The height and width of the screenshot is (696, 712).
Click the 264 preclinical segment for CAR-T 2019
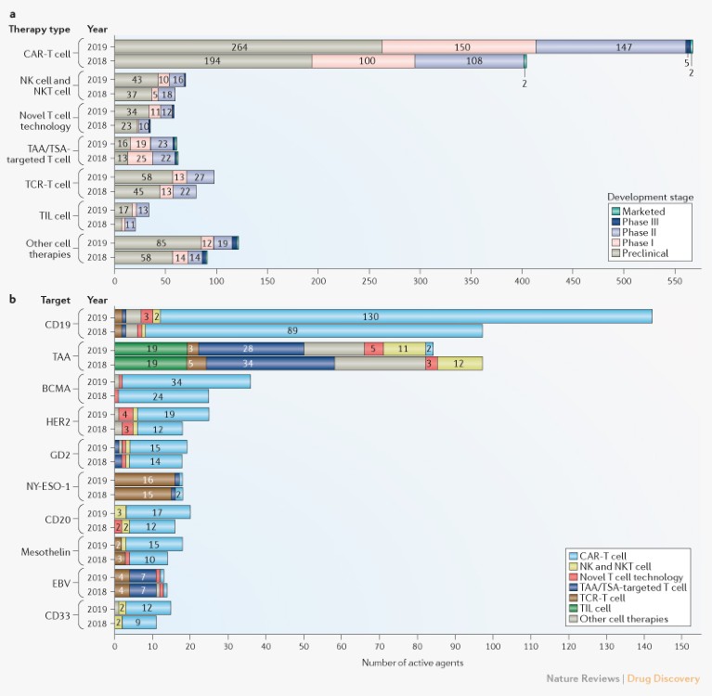(248, 46)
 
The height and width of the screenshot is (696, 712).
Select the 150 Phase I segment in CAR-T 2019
(459, 46)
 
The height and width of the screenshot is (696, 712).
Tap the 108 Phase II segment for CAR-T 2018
(469, 60)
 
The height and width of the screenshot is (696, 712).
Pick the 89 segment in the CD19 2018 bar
(313, 330)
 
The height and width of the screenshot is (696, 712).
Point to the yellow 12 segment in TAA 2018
(460, 363)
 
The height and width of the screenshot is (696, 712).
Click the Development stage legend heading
(650, 197)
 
